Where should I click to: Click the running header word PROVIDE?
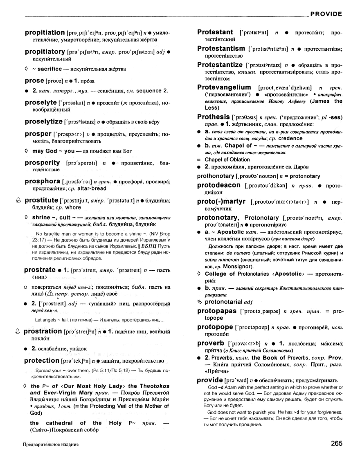326,14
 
